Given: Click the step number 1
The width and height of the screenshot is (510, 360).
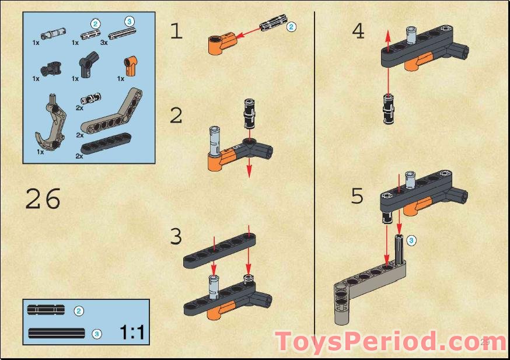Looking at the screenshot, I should click(176, 31).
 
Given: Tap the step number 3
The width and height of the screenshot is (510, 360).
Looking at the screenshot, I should click(176, 237).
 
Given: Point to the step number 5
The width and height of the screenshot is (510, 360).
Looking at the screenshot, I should click(357, 196).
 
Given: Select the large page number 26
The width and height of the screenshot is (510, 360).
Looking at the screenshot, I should click(43, 200).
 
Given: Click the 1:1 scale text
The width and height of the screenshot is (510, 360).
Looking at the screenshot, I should click(132, 333).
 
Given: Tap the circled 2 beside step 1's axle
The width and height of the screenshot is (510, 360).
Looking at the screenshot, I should click(292, 26).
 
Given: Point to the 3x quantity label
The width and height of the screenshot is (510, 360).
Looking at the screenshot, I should click(104, 43).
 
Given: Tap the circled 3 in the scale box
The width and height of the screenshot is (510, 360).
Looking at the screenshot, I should click(97, 334).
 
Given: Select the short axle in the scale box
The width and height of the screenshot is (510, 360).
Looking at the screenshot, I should click(47, 310).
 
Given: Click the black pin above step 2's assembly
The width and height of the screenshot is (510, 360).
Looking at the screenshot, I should click(249, 113).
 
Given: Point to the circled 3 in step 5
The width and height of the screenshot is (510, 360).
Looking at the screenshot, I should click(412, 239).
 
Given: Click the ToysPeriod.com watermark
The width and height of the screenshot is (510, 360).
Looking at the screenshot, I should click(390, 342).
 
